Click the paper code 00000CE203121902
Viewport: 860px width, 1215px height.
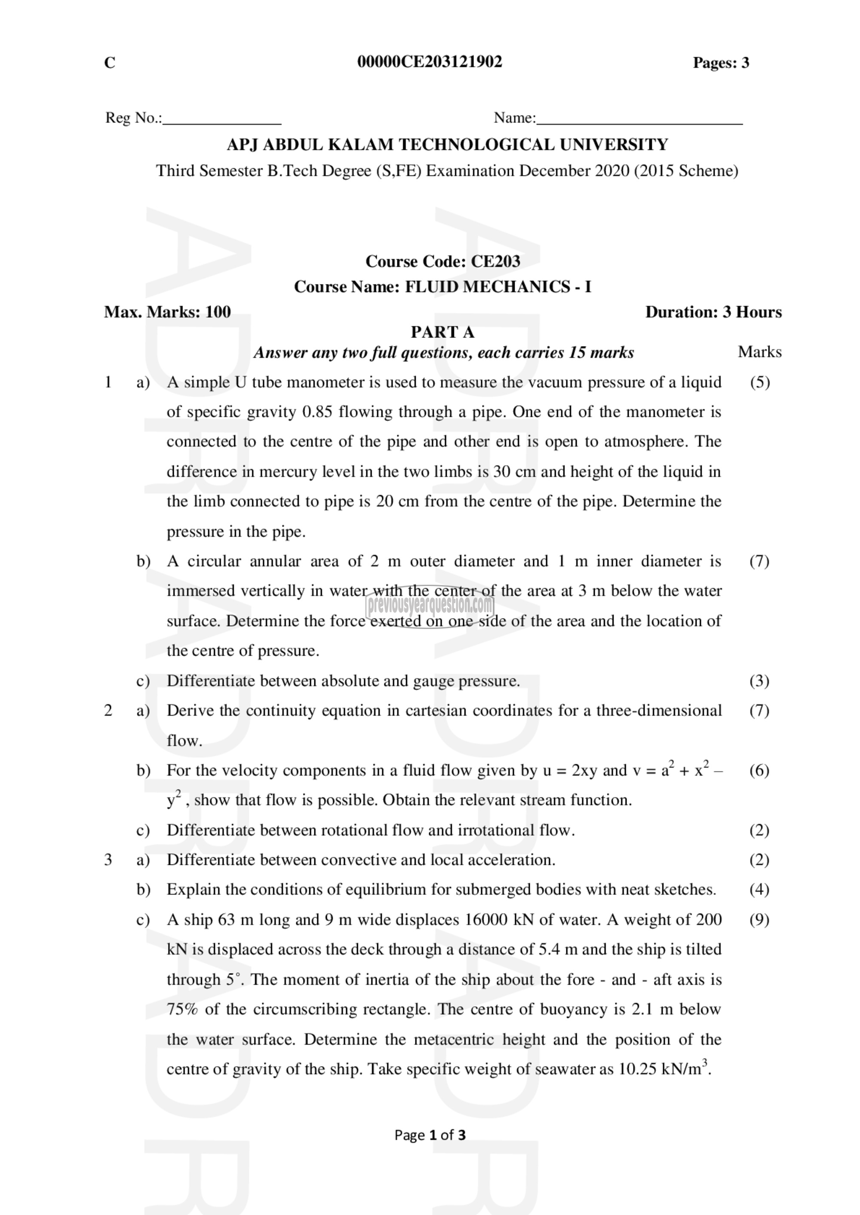[430, 62]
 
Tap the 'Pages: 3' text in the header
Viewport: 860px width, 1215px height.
[721, 63]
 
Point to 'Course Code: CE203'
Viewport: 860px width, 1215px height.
[443, 261]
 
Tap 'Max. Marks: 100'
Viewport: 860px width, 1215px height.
[167, 311]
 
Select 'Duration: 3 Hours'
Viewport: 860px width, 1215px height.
[713, 311]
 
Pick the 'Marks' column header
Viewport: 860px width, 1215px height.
[759, 352]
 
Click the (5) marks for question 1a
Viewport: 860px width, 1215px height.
[759, 382]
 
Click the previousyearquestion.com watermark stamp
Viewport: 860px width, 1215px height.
[430, 604]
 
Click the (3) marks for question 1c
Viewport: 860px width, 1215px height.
[759, 681]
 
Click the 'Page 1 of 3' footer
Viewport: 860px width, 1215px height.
[430, 1135]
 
